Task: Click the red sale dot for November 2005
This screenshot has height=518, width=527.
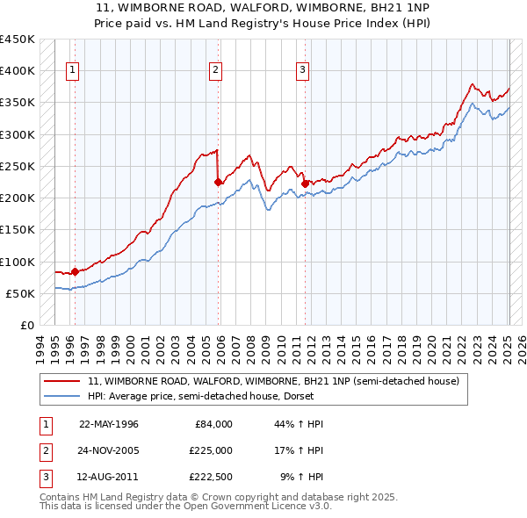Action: pyautogui.click(x=219, y=182)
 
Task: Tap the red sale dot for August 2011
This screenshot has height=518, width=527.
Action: pyautogui.click(x=305, y=183)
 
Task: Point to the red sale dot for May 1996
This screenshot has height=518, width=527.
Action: pyautogui.click(x=75, y=271)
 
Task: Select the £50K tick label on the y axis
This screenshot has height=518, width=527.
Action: pyautogui.click(x=21, y=293)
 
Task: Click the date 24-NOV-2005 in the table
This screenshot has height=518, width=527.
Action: pyautogui.click(x=109, y=450)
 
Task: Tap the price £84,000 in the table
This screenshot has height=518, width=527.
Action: pyautogui.click(x=213, y=424)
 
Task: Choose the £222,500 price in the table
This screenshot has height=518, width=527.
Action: pyautogui.click(x=211, y=478)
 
